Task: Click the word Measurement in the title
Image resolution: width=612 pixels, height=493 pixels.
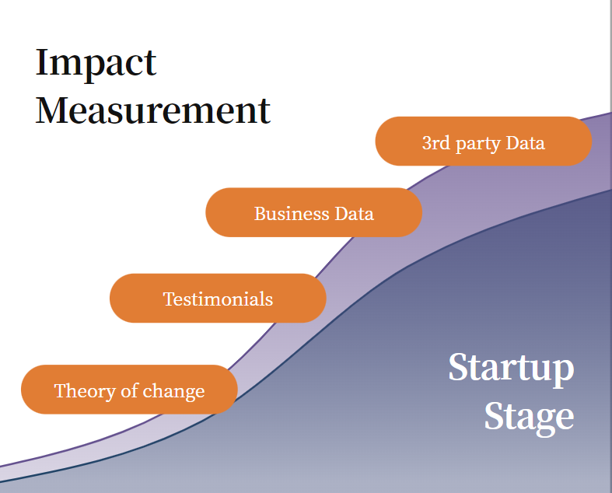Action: click(153, 110)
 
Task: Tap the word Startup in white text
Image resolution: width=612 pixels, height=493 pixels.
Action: click(512, 369)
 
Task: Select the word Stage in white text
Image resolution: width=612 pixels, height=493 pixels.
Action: click(530, 418)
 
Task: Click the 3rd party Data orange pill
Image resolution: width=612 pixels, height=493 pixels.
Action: click(484, 142)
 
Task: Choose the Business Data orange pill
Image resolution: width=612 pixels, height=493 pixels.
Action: click(314, 212)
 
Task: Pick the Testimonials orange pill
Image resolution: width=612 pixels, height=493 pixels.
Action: click(218, 299)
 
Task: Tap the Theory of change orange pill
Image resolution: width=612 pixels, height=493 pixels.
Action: click(129, 390)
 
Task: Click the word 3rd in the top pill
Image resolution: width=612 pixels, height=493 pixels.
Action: click(436, 143)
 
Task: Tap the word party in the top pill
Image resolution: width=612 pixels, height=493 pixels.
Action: click(477, 144)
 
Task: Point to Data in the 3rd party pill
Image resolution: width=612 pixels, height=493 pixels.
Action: click(525, 143)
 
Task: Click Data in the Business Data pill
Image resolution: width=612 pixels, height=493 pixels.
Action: click(355, 214)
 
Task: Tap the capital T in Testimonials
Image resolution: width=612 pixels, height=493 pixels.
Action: click(169, 299)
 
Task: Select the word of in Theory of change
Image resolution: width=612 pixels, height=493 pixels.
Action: click(130, 390)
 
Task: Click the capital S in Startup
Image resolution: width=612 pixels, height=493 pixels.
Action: click(458, 366)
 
